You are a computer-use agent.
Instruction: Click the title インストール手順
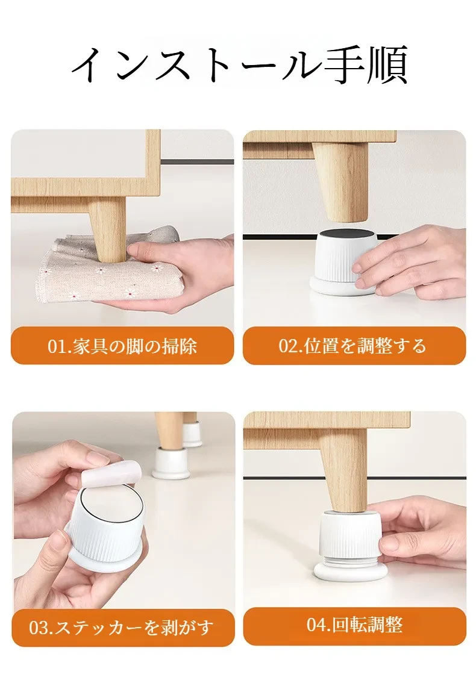tap(239, 65)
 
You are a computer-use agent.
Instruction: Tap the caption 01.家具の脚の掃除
tap(122, 346)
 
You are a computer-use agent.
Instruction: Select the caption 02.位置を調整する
tap(352, 346)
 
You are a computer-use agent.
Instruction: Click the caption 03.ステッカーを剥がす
tap(121, 627)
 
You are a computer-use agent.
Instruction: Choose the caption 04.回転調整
tap(354, 625)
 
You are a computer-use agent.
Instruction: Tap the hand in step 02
tap(409, 264)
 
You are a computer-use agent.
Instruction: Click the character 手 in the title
tap(343, 66)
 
